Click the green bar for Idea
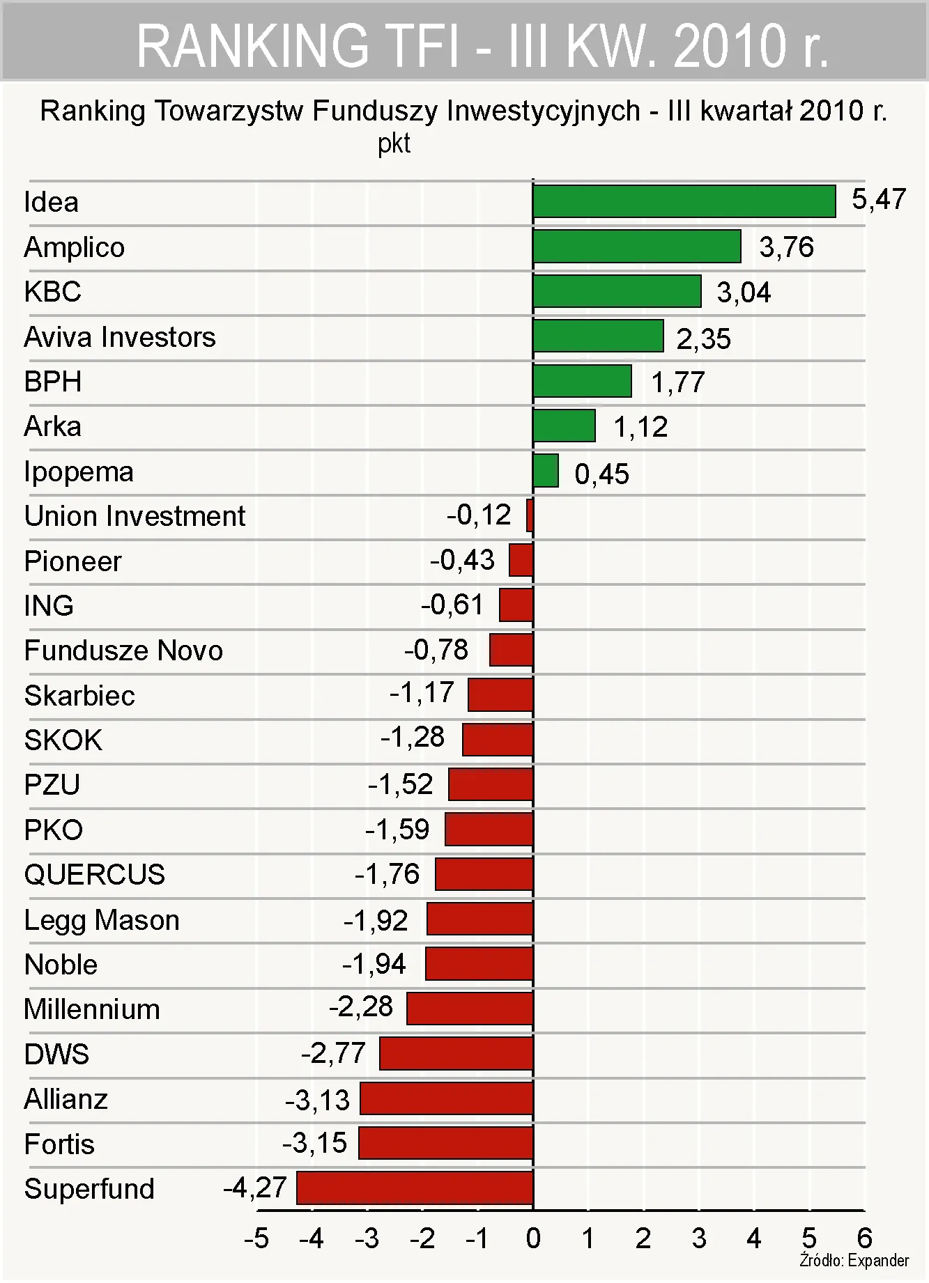tap(684, 202)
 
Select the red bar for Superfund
tap(415, 1188)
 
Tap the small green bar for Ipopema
tap(546, 471)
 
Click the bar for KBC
tap(617, 291)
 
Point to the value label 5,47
tap(878, 200)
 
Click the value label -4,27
tap(255, 1187)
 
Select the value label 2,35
tap(703, 339)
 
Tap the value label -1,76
tap(387, 874)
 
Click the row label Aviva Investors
tap(120, 337)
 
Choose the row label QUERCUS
tap(95, 874)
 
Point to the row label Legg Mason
tap(102, 920)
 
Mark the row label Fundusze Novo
tap(123, 651)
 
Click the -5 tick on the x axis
tap(256, 1238)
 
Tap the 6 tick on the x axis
tap(864, 1238)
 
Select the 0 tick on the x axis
tap(533, 1238)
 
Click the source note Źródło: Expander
tap(854, 1260)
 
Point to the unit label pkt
tap(394, 143)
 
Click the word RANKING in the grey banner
tap(252, 46)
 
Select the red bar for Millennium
tap(470, 1009)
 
